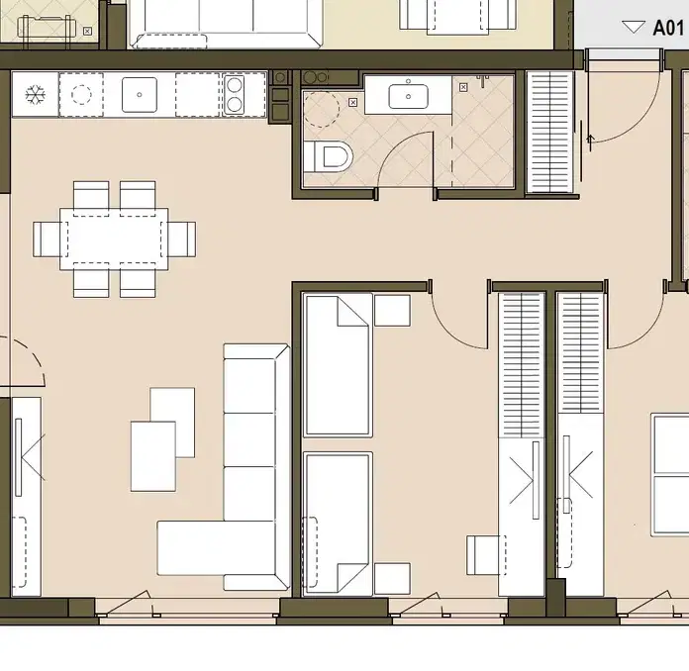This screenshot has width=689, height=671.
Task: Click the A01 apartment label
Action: coord(668,28)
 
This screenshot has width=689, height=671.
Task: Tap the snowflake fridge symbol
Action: coord(36,94)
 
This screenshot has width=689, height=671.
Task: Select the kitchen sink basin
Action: coord(140,94)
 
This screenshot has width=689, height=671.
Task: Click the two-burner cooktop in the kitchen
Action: coord(235,94)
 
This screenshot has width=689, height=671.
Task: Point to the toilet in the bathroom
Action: coord(329,156)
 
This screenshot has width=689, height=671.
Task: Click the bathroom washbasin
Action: coord(408,96)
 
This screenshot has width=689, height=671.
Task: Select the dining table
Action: coord(114,240)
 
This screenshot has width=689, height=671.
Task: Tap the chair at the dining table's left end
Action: coord(49,240)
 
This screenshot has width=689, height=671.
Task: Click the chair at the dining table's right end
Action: coord(180,240)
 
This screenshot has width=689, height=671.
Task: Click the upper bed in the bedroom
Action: coord(337,365)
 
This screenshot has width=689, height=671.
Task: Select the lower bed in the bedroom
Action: coord(337,524)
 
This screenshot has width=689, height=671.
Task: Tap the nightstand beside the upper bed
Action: coord(392,310)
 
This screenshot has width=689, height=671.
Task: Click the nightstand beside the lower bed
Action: coord(392,578)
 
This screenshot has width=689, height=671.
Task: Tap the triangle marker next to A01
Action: coord(634,28)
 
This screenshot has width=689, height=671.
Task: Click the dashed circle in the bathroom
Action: coord(321,109)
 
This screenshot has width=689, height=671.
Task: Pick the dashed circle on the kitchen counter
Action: coord(81,94)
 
